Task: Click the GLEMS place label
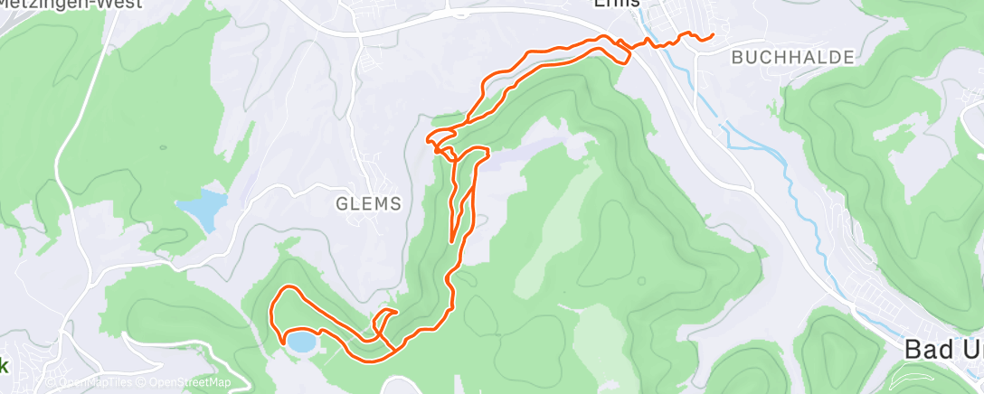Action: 368,203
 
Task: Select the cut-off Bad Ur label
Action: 943,350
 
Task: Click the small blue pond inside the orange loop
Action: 301,341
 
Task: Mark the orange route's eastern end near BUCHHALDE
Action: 713,35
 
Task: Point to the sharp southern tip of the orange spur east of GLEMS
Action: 452,241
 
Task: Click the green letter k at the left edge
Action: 4,366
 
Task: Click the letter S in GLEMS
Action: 394,203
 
